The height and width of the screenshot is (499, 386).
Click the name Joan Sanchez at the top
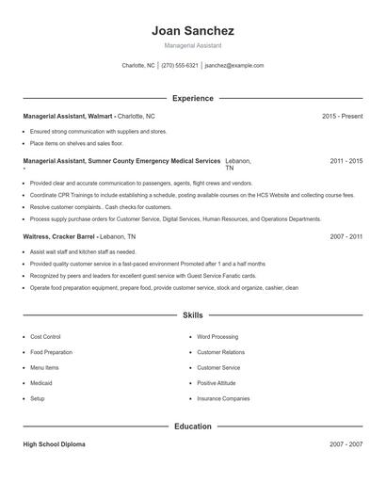tap(193, 30)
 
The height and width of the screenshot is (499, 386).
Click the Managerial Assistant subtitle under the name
tap(193, 46)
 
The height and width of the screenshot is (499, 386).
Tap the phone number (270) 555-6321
tap(179, 66)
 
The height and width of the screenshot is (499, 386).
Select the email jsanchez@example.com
tap(234, 66)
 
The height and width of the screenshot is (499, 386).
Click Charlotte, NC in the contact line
tap(138, 66)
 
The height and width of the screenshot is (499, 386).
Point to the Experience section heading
tap(193, 98)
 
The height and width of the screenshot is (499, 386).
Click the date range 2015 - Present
tap(342, 116)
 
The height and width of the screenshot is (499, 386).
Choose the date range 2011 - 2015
tap(346, 162)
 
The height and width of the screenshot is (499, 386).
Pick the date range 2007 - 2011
tap(346, 238)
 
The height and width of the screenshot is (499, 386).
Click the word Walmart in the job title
tap(100, 116)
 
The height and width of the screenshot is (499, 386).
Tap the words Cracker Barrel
tap(73, 238)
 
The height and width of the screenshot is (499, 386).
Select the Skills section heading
tap(193, 315)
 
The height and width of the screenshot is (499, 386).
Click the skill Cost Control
tap(45, 336)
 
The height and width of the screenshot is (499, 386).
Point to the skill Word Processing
tap(217, 336)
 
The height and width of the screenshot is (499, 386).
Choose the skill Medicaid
tap(40, 383)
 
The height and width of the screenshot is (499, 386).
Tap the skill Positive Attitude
tap(217, 383)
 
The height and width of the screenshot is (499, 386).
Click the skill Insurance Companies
tap(223, 398)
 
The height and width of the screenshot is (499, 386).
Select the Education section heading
tap(193, 427)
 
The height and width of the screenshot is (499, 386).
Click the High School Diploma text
tap(54, 444)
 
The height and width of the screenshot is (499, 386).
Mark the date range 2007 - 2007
tap(346, 444)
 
